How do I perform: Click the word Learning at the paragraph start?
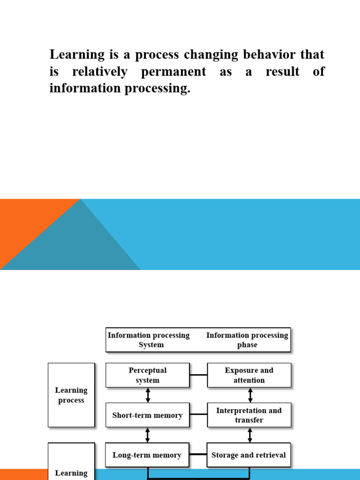click(77, 55)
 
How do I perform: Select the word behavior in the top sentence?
click(271, 54)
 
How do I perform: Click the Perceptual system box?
click(148, 375)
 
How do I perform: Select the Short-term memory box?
click(148, 415)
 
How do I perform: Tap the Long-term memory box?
click(147, 455)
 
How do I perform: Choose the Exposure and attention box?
click(249, 375)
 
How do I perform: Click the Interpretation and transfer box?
click(249, 415)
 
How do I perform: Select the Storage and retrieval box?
click(248, 455)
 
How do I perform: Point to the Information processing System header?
click(149, 340)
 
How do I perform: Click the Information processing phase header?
click(247, 340)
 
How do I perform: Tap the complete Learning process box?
click(71, 395)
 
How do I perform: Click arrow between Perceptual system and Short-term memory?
click(148, 395)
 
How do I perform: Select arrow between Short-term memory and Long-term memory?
click(148, 435)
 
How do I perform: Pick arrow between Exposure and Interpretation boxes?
click(249, 395)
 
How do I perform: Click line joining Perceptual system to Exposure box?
click(198, 375)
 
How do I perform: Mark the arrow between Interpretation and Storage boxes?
click(249, 435)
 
